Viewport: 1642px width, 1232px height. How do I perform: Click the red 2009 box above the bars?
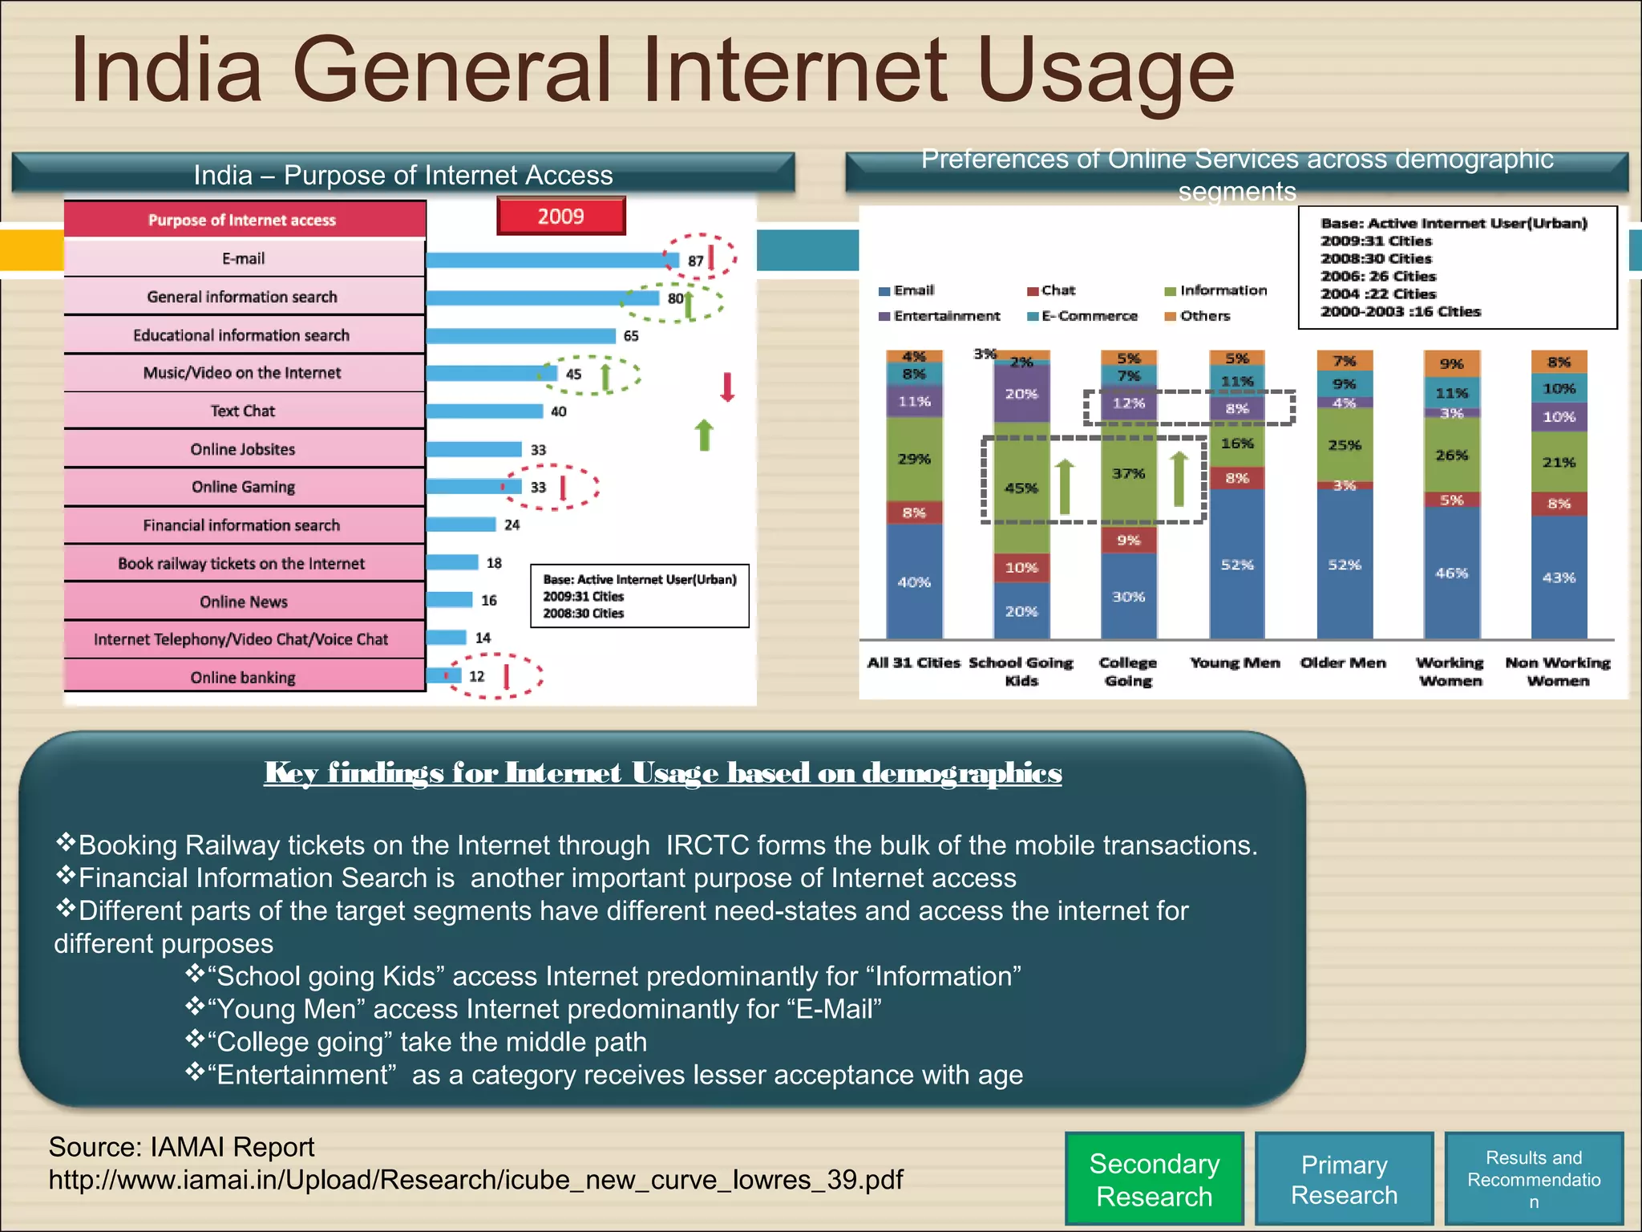(560, 217)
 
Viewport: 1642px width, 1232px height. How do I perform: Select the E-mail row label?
(243, 258)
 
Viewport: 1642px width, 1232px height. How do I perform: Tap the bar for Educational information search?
(520, 335)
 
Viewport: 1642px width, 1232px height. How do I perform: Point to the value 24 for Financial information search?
(512, 525)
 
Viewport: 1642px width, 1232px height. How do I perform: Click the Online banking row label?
(243, 678)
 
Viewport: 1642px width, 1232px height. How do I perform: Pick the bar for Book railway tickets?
(452, 562)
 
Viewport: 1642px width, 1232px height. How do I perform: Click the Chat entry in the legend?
(1058, 290)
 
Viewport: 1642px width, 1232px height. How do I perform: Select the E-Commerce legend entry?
(1089, 316)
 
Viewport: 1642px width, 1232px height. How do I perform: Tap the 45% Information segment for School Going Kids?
(1021, 488)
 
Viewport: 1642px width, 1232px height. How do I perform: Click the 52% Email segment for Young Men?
(1236, 565)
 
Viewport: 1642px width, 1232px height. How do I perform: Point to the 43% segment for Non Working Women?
(1559, 577)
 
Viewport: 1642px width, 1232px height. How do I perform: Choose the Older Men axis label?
(1343, 663)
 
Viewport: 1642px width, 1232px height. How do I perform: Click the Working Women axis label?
(1450, 671)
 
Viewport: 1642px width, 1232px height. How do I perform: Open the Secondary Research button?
(1154, 1179)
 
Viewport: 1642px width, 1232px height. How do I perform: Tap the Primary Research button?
(1344, 1179)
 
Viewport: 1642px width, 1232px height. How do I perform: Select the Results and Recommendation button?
(1533, 1179)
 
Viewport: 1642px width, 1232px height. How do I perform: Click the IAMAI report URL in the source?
(475, 1180)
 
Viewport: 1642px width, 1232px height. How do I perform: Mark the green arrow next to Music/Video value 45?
(606, 375)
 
